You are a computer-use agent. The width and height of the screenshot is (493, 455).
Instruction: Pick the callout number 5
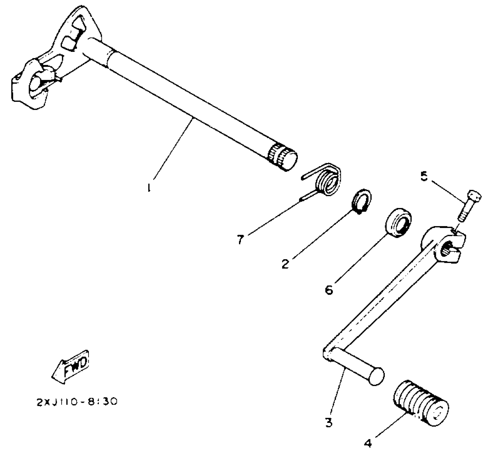pyautogui.click(x=424, y=177)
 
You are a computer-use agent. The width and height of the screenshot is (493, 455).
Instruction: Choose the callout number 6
pyautogui.click(x=329, y=290)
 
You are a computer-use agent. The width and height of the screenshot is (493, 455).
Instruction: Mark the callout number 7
pyautogui.click(x=240, y=239)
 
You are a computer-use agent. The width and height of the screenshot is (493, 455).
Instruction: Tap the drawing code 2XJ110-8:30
pyautogui.click(x=77, y=402)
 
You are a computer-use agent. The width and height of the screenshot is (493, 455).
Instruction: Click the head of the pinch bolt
pyautogui.click(x=475, y=196)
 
